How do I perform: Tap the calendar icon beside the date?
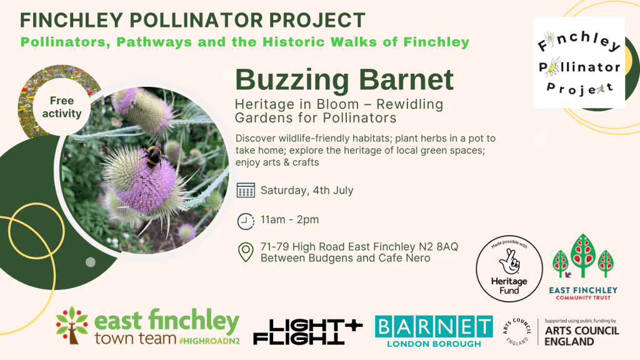pyautogui.click(x=246, y=190)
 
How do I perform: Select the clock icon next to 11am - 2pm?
pyautogui.click(x=246, y=221)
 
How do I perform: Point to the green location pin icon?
pyautogui.click(x=246, y=252)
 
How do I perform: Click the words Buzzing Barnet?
pyautogui.click(x=344, y=79)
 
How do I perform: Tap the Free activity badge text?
pyautogui.click(x=62, y=107)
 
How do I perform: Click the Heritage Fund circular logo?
pyautogui.click(x=509, y=269)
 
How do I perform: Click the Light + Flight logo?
pyautogui.click(x=307, y=331)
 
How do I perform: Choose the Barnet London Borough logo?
pyautogui.click(x=434, y=331)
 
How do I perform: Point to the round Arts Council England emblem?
pyautogui.click(x=517, y=331)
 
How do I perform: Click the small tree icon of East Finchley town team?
pyautogui.click(x=72, y=325)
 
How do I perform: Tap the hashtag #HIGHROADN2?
pyautogui.click(x=209, y=341)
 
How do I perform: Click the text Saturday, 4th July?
pyautogui.click(x=307, y=191)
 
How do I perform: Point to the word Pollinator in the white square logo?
pyautogui.click(x=579, y=67)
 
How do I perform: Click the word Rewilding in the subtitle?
pyautogui.click(x=409, y=104)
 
